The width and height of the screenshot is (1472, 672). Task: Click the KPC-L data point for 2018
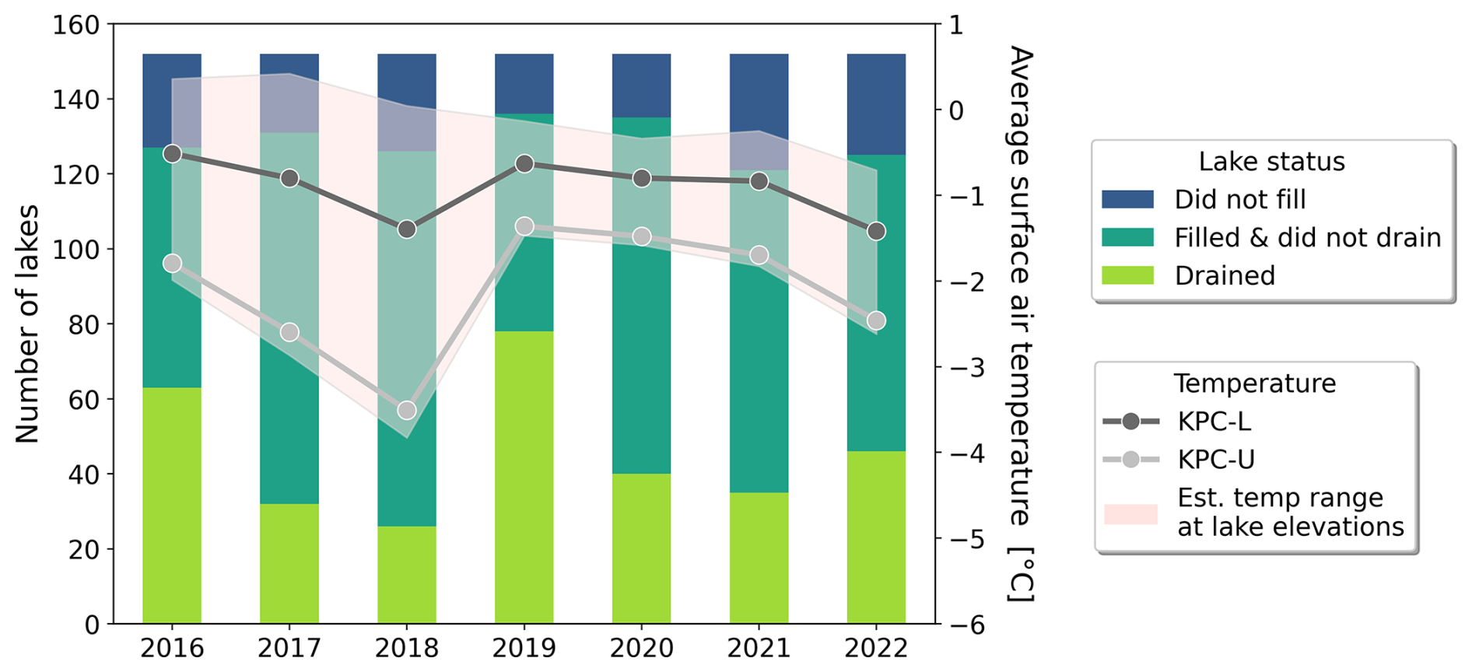(407, 229)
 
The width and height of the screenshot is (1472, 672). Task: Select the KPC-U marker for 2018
(407, 410)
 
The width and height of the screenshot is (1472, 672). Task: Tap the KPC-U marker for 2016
(173, 264)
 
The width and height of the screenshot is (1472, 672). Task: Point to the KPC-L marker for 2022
(876, 231)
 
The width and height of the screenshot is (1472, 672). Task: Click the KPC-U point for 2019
(524, 226)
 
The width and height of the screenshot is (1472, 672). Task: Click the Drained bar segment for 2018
(407, 575)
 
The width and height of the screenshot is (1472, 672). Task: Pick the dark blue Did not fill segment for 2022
(876, 104)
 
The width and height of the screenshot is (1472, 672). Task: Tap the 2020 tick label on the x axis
(642, 648)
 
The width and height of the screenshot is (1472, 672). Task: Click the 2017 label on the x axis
(289, 648)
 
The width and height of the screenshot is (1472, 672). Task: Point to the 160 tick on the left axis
(76, 25)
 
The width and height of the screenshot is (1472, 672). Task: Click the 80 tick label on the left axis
(84, 324)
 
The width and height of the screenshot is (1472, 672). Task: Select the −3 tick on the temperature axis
(964, 366)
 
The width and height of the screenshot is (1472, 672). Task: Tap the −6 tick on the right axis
(964, 624)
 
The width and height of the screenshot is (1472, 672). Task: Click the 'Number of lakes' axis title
(27, 324)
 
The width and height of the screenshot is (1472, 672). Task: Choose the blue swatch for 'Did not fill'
(1127, 199)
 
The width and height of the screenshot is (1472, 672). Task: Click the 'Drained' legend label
(1225, 275)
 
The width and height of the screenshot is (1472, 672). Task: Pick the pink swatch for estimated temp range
(1130, 513)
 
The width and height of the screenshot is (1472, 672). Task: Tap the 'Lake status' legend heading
(1271, 161)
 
